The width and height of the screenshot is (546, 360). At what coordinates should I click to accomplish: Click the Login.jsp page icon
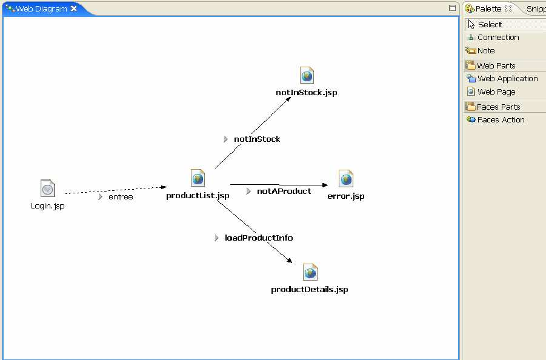coord(48,188)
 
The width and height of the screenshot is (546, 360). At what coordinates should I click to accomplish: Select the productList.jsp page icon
coord(198,178)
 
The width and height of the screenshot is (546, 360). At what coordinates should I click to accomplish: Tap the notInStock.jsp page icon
coord(307,76)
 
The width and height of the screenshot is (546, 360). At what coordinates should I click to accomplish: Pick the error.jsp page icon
coord(346,179)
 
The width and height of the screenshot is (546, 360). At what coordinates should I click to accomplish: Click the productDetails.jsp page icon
coord(310,272)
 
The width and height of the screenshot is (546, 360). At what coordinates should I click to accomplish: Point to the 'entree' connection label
coord(121,197)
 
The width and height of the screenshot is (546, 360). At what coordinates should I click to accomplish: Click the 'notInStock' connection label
coord(257,139)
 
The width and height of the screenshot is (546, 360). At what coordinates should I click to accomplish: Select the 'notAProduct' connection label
coord(284,192)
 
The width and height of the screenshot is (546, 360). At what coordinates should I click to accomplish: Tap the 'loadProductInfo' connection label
coord(259,238)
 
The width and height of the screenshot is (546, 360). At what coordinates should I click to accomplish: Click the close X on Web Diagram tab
coord(74,8)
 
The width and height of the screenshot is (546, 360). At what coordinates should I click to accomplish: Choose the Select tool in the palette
coord(490,25)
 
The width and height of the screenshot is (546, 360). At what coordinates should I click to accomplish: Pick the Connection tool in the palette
coord(498,38)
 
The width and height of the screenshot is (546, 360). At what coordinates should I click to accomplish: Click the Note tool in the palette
coord(485,51)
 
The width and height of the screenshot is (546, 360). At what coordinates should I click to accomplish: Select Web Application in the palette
coord(507,79)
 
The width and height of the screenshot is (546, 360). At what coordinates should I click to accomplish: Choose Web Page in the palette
coord(496,92)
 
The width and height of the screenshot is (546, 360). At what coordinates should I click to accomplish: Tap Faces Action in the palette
coord(501,120)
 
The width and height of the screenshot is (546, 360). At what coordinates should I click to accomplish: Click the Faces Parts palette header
coord(498,107)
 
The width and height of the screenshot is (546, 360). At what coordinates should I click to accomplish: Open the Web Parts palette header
coord(496,66)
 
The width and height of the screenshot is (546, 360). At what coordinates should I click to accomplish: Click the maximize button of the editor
coord(452,8)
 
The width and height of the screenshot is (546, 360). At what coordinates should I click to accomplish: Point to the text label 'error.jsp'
coord(346,196)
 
